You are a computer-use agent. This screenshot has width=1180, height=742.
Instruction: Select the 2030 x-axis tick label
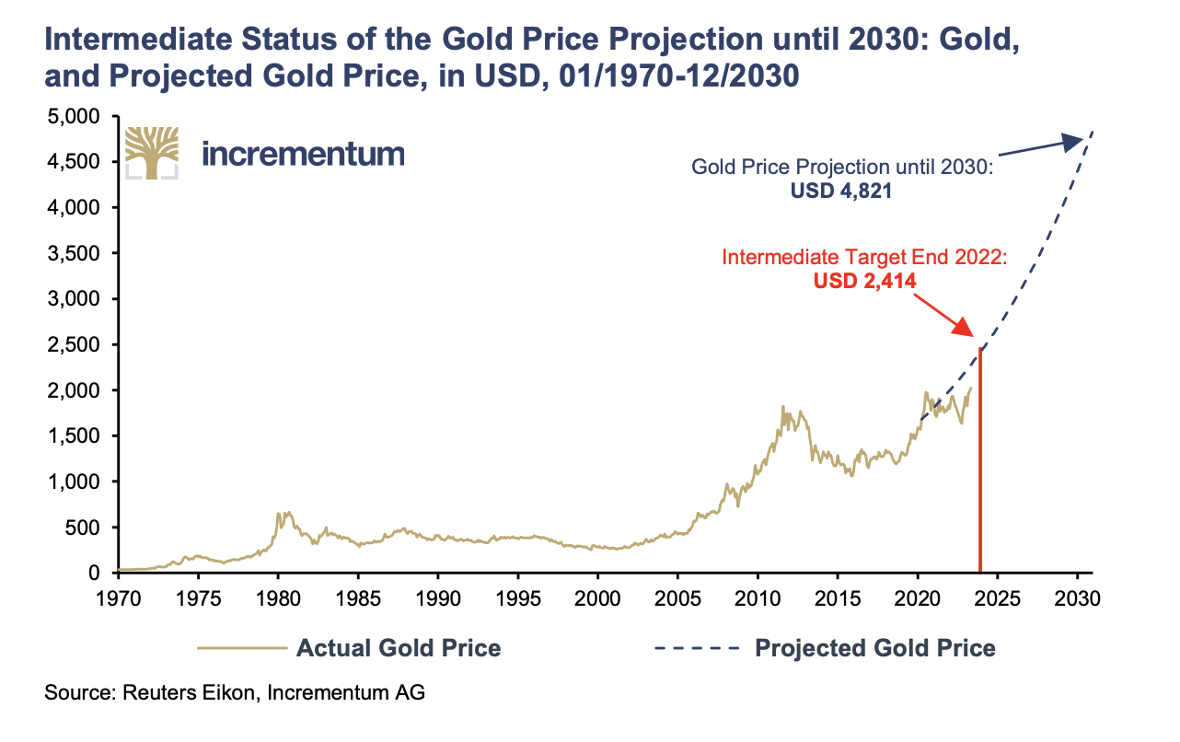[x=1078, y=597]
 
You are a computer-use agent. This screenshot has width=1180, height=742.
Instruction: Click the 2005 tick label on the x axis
[x=677, y=597]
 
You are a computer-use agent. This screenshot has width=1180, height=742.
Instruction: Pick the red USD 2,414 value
[x=864, y=281]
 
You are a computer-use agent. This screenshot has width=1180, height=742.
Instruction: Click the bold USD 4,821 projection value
[x=841, y=191]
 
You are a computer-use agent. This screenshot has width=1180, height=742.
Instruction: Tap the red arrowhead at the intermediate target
[x=961, y=328]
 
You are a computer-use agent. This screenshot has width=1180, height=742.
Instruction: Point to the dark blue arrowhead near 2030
[x=1071, y=141]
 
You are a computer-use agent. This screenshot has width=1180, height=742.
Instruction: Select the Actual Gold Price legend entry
[x=350, y=648]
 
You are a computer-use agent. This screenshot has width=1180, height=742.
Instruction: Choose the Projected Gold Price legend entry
[x=825, y=648]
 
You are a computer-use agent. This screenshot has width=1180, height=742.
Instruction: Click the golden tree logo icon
[x=151, y=152]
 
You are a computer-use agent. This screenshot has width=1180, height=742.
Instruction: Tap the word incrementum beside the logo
[x=304, y=152]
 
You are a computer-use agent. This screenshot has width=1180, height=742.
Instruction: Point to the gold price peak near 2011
[x=782, y=407]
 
